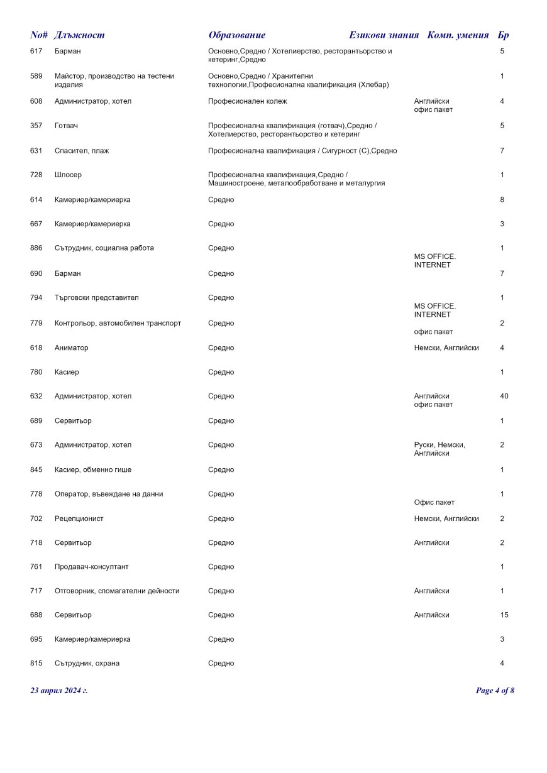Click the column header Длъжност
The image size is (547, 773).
[80, 35]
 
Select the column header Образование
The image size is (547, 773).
[237, 35]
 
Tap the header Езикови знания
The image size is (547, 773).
[384, 35]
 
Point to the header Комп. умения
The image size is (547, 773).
[458, 35]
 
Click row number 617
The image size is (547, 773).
[36, 51]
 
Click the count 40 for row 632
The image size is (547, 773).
[504, 396]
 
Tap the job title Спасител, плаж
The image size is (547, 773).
[82, 151]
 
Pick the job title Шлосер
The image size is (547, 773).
[68, 175]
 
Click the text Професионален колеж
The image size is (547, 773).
[247, 101]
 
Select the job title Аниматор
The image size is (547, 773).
[72, 348]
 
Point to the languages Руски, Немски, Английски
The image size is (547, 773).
[439, 449]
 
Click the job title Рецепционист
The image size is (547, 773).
[79, 518]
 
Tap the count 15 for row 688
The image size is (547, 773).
[504, 615]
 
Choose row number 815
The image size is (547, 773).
[36, 663]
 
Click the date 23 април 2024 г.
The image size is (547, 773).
[59, 691]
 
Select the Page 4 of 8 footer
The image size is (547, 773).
[495, 691]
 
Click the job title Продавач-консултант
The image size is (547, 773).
[92, 566]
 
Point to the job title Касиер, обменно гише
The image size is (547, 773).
[93, 469]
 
